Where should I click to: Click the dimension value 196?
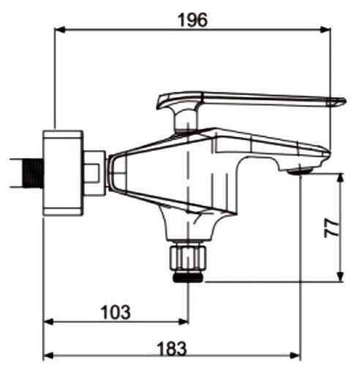[x=193, y=20]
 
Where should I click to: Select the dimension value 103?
[x=116, y=312]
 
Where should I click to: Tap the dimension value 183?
[x=172, y=349]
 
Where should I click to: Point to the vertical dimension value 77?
[x=331, y=228]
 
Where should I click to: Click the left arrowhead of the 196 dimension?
[x=59, y=30]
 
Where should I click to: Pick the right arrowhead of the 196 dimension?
[x=325, y=30]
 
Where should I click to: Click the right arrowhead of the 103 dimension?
[x=183, y=321]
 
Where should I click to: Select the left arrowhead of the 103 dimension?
[x=48, y=321]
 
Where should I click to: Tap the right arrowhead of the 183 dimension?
[x=295, y=356]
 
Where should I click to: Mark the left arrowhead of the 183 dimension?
[x=48, y=356]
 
